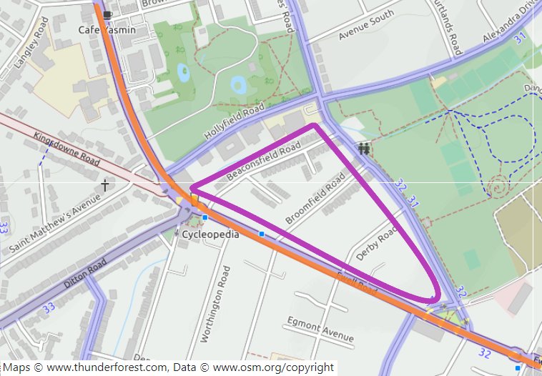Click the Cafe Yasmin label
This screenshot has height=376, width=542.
pyautogui.click(x=107, y=30)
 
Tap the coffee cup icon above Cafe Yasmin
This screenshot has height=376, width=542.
pyautogui.click(x=107, y=14)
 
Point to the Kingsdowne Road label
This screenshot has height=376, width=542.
pyautogui.click(x=66, y=148)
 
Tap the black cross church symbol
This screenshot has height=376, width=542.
pyautogui.click(x=105, y=187)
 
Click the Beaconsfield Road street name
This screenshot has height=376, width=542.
pyautogui.click(x=262, y=161)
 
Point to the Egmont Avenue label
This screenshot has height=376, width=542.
pyautogui.click(x=320, y=331)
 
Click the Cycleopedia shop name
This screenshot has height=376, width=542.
pyautogui.click(x=210, y=234)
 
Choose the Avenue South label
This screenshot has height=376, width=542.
pyautogui.click(x=366, y=25)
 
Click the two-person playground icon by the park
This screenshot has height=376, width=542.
pyautogui.click(x=365, y=149)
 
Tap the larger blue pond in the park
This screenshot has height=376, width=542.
pyautogui.click(x=239, y=86)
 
